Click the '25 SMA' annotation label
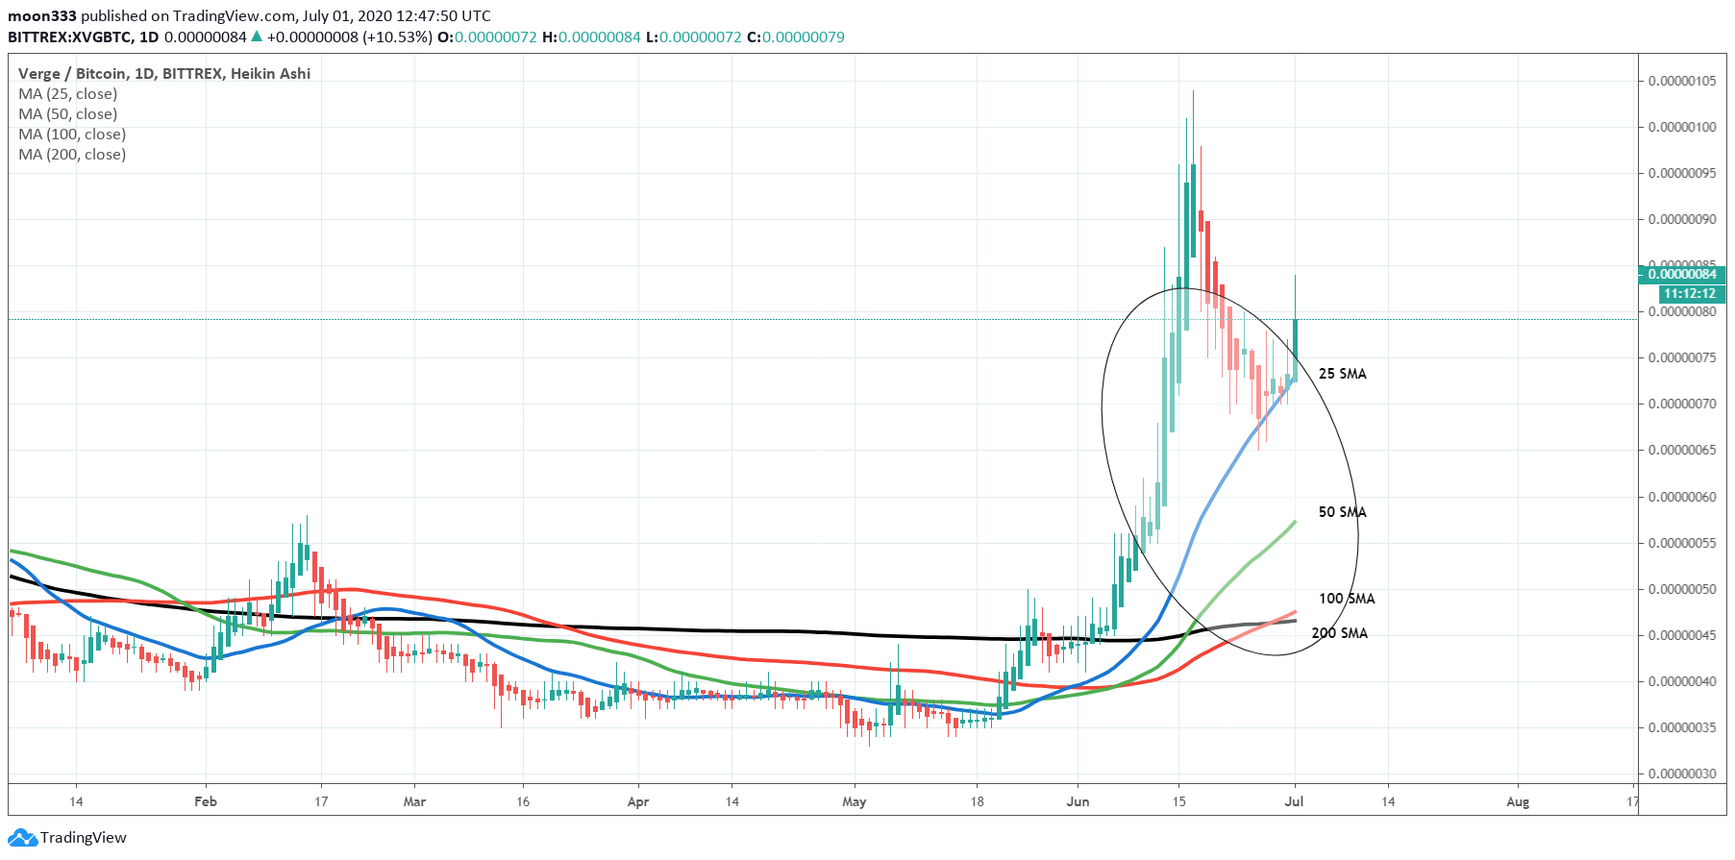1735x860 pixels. point(1342,374)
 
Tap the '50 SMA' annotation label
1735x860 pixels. point(1342,512)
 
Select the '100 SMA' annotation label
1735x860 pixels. point(1347,599)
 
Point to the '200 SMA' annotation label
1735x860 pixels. point(1339,633)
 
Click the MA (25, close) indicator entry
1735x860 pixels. point(67,94)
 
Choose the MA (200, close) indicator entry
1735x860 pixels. point(72,155)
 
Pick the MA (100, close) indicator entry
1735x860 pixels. point(72,135)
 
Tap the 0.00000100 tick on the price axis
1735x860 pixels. point(1682,127)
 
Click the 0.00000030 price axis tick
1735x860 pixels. point(1682,774)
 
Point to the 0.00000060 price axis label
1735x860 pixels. point(1682,497)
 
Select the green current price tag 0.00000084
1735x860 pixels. point(1682,275)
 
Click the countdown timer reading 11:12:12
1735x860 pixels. point(1690,293)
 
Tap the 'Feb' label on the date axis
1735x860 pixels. point(206,801)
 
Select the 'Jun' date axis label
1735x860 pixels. point(1078,801)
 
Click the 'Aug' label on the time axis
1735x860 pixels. point(1518,801)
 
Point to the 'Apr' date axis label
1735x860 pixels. point(637,801)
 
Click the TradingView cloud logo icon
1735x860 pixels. point(22,838)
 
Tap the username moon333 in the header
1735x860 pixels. point(42,16)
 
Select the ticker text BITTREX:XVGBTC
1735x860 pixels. point(69,37)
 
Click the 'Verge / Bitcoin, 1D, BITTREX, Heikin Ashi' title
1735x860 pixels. point(164,74)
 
